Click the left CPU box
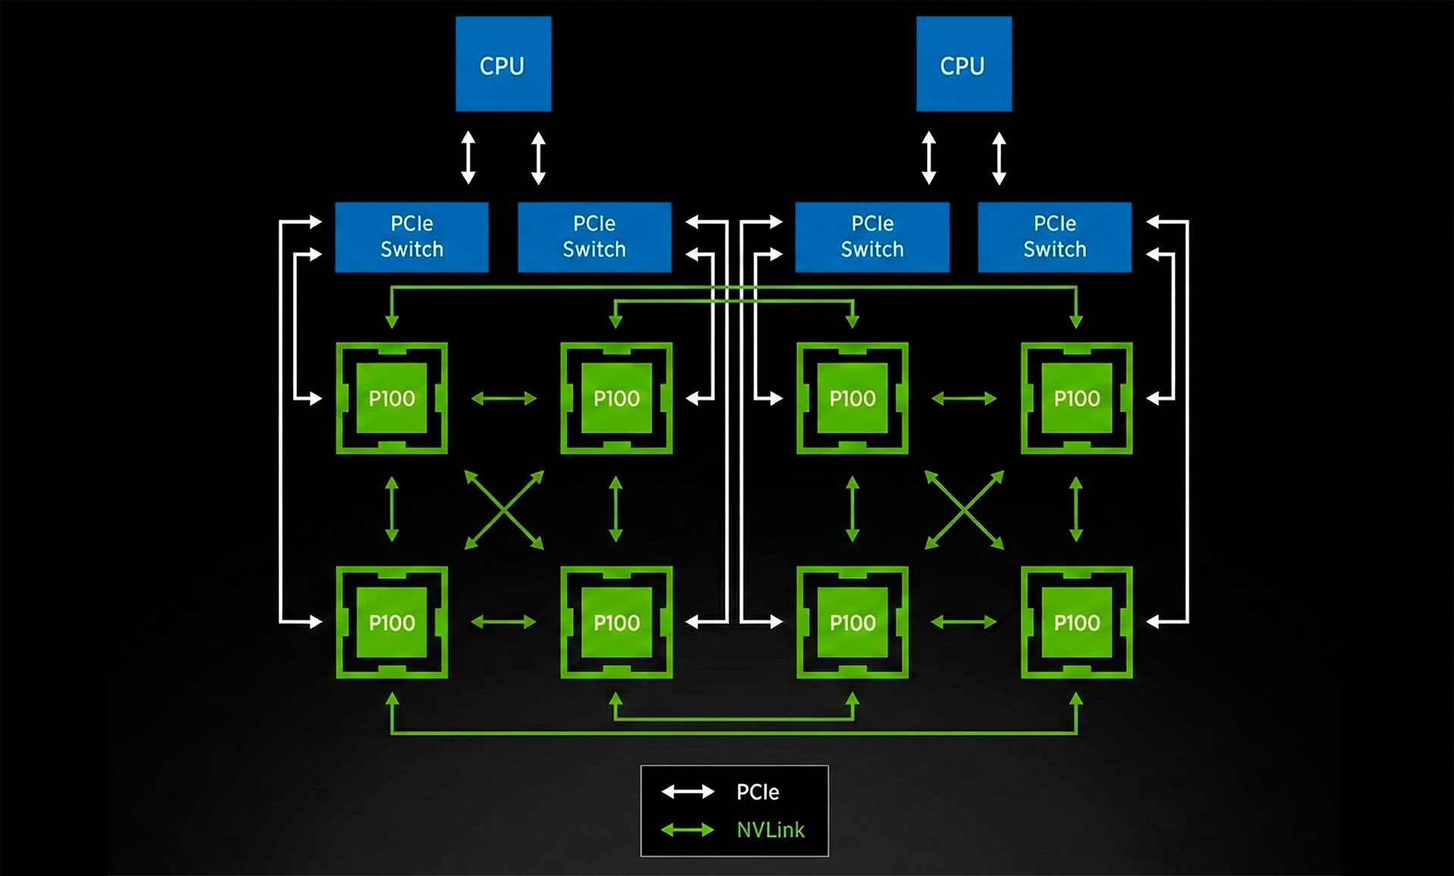503,64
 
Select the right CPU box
963,64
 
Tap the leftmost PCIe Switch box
411,237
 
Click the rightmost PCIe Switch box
1054,237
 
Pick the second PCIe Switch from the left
594,237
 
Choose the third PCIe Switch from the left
872,237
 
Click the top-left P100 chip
392,398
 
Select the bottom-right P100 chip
1076,622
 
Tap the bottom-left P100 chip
392,622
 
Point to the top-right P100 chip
1076,398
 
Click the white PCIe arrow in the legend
688,792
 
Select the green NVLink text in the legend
770,831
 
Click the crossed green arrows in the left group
504,510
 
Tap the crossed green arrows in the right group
964,510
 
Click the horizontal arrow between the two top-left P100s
504,398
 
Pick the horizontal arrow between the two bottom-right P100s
963,622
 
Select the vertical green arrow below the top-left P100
392,509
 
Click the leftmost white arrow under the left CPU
468,157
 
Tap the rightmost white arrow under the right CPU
999,157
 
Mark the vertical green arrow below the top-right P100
1076,509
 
